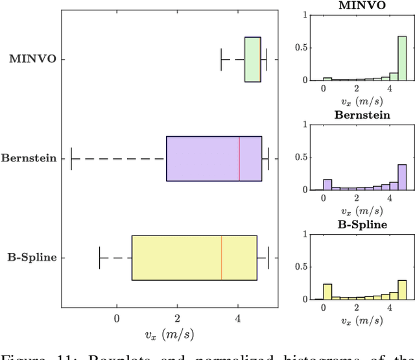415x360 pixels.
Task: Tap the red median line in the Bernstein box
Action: point(239,158)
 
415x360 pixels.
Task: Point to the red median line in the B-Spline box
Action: point(222,258)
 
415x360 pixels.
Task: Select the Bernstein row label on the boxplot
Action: point(29,158)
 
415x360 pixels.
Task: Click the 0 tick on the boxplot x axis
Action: point(117,318)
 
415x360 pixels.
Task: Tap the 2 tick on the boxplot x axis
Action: point(177,318)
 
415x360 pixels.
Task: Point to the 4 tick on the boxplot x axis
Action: point(237,318)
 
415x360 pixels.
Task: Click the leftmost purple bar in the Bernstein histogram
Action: point(327,184)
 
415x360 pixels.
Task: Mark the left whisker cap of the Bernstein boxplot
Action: point(71,158)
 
